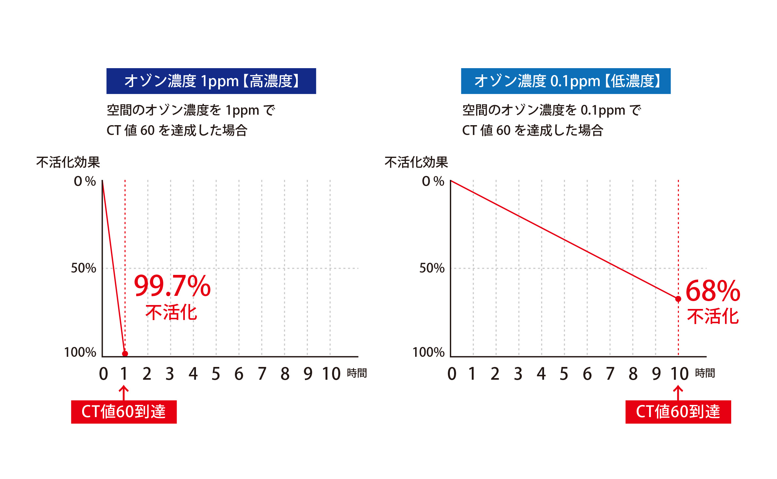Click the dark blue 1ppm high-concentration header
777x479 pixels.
pos(211,81)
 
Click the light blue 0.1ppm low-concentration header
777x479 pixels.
pos(566,81)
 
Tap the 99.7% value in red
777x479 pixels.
pos(172,286)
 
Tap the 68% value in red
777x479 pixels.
pos(713,291)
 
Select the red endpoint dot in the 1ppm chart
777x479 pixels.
pos(125,354)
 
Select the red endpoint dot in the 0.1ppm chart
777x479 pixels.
pos(678,299)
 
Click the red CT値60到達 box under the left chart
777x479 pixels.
pos(124,412)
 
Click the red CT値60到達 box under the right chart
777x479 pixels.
pos(678,412)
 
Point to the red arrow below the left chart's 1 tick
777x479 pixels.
pos(124,393)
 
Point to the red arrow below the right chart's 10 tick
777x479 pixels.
pos(678,393)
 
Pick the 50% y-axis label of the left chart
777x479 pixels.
pos(84,268)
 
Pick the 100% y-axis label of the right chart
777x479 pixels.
pos(429,353)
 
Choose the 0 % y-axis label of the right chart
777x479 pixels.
pos(433,181)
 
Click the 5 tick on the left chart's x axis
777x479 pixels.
pos(216,374)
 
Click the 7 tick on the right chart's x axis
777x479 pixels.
pos(610,374)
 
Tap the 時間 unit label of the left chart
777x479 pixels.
pos(357,373)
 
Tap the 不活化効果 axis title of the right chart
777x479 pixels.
pos(416,163)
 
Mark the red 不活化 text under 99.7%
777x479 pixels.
pos(171,312)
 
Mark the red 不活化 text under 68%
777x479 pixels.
pos(713,316)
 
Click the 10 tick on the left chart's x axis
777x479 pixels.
pos(331,374)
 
